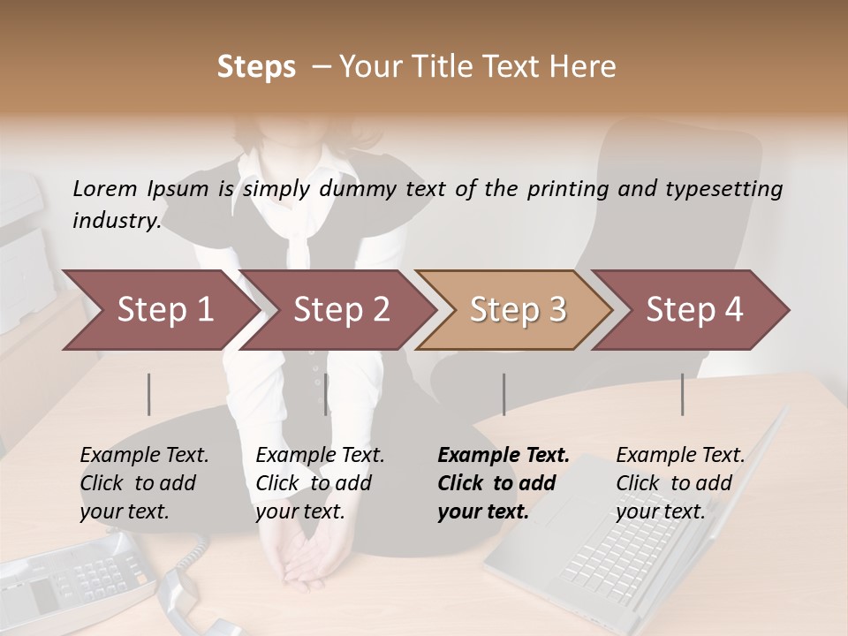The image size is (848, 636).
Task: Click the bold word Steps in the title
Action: coord(256,67)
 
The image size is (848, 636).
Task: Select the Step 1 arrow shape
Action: coord(159,310)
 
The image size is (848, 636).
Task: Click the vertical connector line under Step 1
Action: coord(149,394)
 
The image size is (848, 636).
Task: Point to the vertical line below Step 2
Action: coord(326,394)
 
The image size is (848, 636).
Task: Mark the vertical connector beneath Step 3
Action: coord(503,394)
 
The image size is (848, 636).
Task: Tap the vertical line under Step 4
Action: coord(682,394)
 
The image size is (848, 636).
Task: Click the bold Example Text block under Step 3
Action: coord(503,483)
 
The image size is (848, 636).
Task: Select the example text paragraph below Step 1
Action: coord(144,483)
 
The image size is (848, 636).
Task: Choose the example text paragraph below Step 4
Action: coord(679,483)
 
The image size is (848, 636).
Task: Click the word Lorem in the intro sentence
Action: coord(105,188)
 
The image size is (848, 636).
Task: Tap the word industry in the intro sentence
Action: coord(116,220)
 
